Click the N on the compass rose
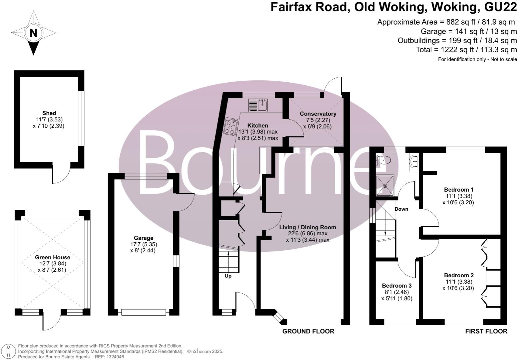coord(33,33)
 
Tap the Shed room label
coord(49,113)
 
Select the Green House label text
coord(53,257)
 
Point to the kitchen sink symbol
coord(258,105)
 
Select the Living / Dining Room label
coord(307,227)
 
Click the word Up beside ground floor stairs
coord(228,276)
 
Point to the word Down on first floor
coord(401,209)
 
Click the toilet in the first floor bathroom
coord(383,160)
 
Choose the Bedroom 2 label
coord(458,275)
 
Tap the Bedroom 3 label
coord(396,286)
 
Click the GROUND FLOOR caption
coord(308,331)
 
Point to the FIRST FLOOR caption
coord(486,331)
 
